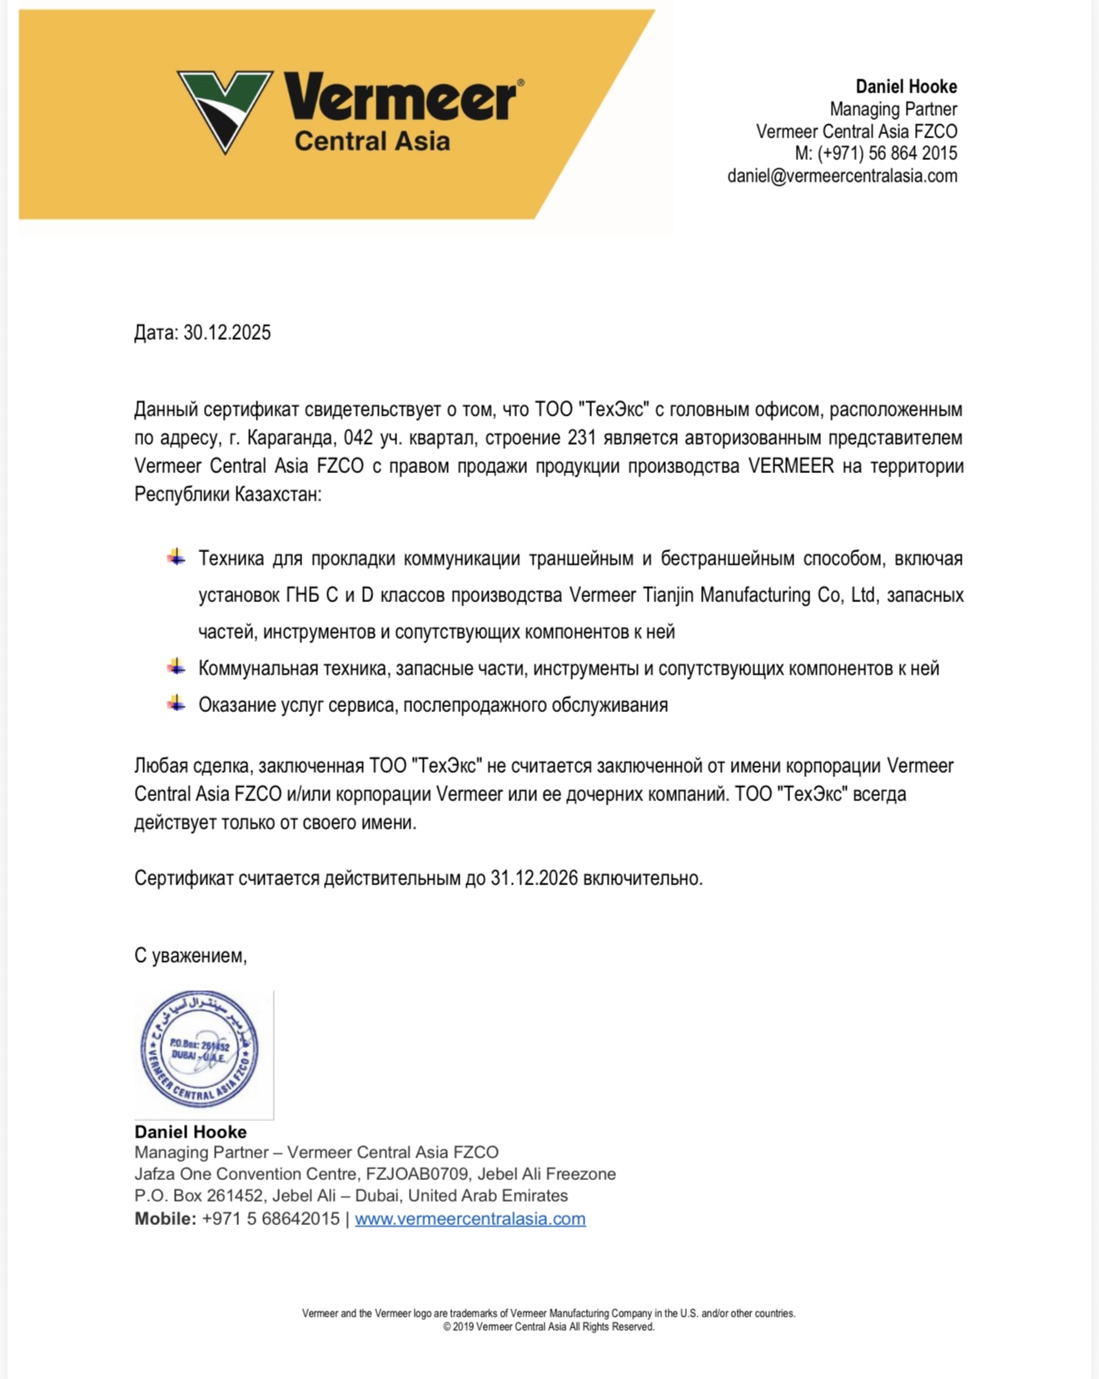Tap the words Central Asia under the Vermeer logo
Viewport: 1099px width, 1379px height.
tap(371, 141)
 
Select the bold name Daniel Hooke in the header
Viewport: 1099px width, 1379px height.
tap(906, 87)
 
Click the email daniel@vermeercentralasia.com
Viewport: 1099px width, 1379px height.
tap(842, 176)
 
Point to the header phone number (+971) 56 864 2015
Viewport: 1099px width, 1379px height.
tap(887, 153)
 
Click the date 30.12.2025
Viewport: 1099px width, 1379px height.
tap(227, 333)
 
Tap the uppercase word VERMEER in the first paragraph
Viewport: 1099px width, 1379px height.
tap(790, 466)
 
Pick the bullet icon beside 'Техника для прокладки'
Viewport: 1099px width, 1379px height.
tap(176, 557)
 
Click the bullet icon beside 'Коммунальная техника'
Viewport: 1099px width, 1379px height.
tap(176, 667)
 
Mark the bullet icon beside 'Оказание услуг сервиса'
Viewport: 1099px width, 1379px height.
tap(176, 704)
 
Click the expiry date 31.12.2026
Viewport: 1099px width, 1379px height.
tap(534, 879)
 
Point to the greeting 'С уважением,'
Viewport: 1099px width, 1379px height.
tap(191, 955)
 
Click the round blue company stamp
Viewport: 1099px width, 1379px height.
tap(200, 1050)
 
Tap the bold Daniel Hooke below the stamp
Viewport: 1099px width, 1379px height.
tap(191, 1132)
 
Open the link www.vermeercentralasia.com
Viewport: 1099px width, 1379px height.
tap(470, 1219)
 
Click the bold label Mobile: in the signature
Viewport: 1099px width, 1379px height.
tap(165, 1219)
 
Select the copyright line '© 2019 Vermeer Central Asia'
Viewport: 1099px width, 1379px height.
tap(549, 1327)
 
